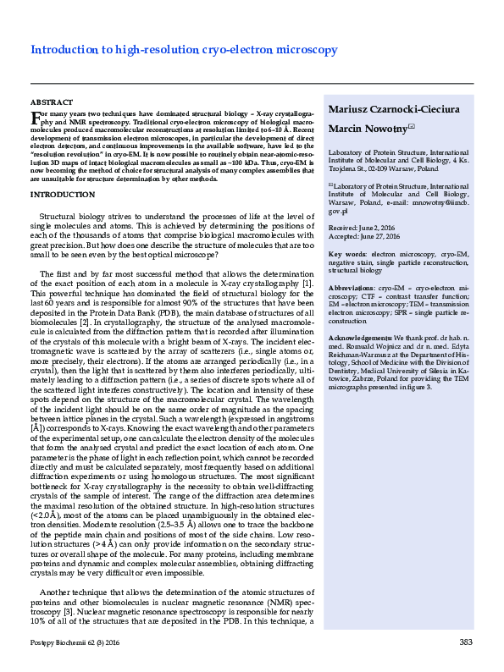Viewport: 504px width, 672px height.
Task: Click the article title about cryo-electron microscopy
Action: point(184,50)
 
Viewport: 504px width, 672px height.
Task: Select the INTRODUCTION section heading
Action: point(62,195)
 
